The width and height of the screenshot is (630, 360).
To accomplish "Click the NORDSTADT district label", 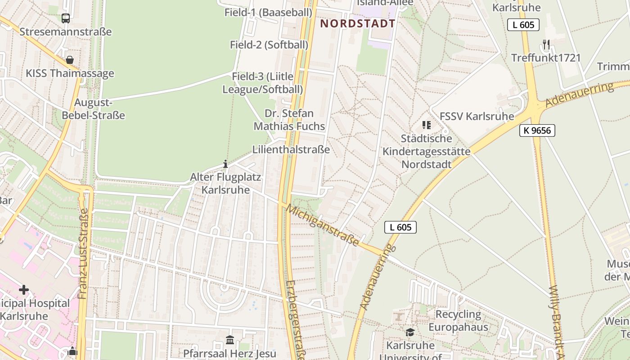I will pos(358,23).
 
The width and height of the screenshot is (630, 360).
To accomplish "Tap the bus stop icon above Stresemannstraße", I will pos(66,18).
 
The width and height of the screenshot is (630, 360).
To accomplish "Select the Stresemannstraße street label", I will pos(65,32).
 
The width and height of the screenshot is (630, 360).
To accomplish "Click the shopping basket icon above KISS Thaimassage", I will pos(70,60).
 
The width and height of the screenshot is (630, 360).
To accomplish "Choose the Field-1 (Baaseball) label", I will pos(268,12).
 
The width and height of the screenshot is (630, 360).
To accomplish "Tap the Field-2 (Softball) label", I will pos(269,45).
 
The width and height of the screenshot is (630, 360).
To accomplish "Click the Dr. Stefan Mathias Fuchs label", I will pos(289,120).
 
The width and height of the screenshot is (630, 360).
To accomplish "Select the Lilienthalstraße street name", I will pos(291,149).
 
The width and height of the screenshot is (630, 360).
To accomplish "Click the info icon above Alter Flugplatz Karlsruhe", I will pos(225,164).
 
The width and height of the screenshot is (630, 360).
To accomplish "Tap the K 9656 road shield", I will pos(537,130).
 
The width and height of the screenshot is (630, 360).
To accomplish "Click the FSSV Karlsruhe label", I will pos(477,116).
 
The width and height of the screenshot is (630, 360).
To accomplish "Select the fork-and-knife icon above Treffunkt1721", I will pos(546,45).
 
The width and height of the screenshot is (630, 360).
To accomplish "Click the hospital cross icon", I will pos(24,290).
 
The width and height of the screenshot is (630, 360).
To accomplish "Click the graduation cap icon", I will pos(410,333).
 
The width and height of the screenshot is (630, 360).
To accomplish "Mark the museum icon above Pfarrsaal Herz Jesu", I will pos(230,340).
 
